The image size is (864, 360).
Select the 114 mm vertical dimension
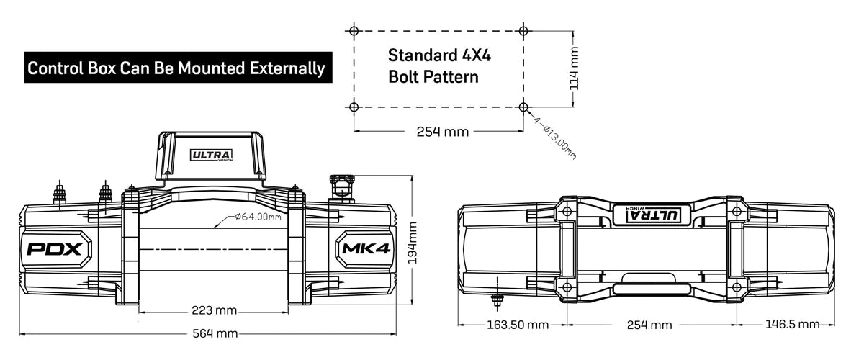coord(574,68)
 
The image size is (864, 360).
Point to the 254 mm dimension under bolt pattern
coord(442,132)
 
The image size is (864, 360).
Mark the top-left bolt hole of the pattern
coord(353,31)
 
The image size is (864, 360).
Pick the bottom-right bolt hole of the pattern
coord(523,107)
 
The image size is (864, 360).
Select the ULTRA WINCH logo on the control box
coord(211,155)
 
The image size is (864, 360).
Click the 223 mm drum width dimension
coord(214,310)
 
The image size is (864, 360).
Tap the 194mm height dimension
coord(413,243)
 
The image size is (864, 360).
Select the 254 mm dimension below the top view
coord(649,325)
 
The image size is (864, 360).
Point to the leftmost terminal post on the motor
coord(59,194)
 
